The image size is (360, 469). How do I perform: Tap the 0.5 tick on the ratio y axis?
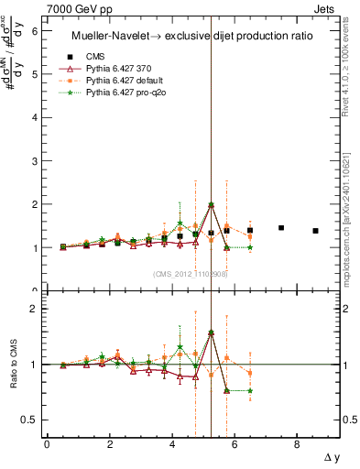pyautogui.click(x=28, y=420)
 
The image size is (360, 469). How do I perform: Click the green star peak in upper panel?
pyautogui.click(x=211, y=205)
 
